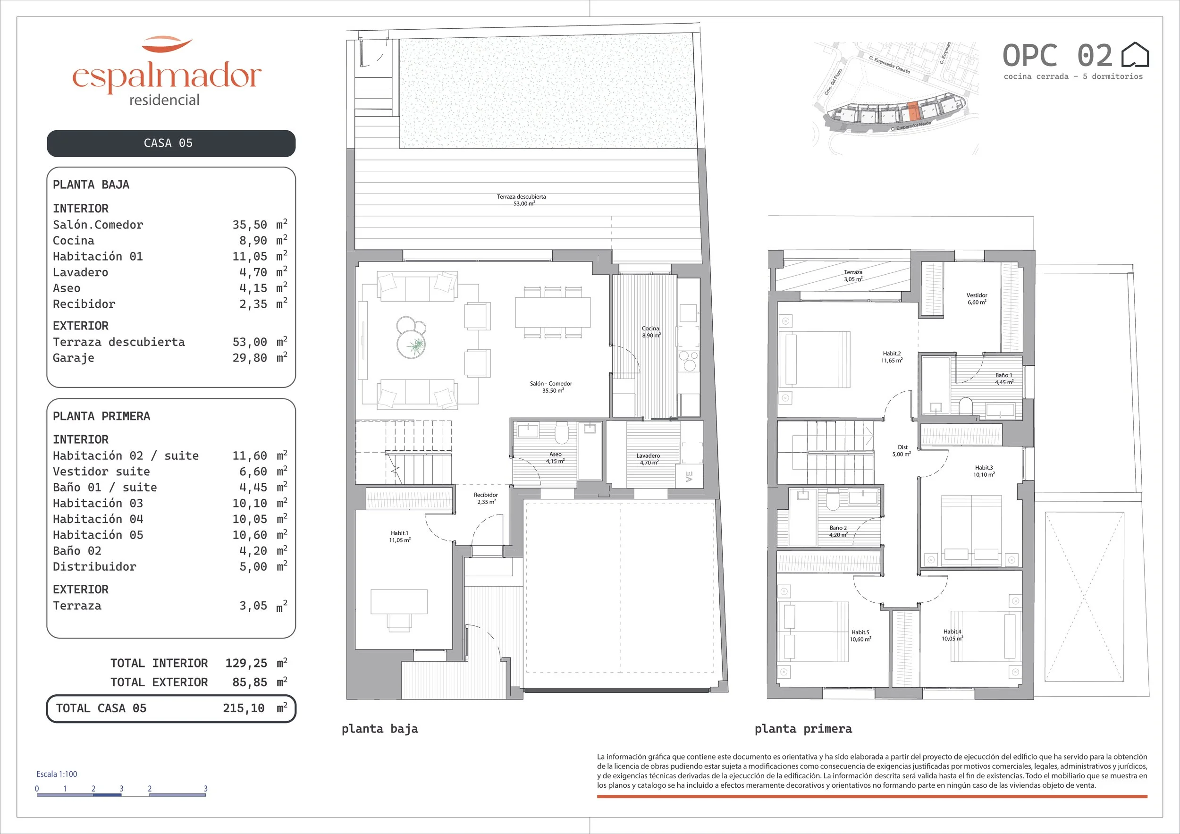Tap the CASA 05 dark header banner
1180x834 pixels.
coord(171,143)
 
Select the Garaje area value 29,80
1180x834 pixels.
coord(250,358)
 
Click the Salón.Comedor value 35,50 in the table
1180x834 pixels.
coord(250,225)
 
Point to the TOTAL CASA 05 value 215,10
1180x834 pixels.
coord(244,708)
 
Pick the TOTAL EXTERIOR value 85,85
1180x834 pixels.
coord(250,682)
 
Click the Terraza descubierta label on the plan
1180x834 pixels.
coord(521,197)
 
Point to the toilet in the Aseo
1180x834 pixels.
coord(562,433)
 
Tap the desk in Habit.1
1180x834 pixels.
coord(399,602)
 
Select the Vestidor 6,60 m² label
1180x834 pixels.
coord(977,299)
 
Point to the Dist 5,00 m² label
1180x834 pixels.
coord(902,451)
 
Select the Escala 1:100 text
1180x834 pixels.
coord(57,774)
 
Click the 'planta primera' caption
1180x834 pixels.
coord(803,729)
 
